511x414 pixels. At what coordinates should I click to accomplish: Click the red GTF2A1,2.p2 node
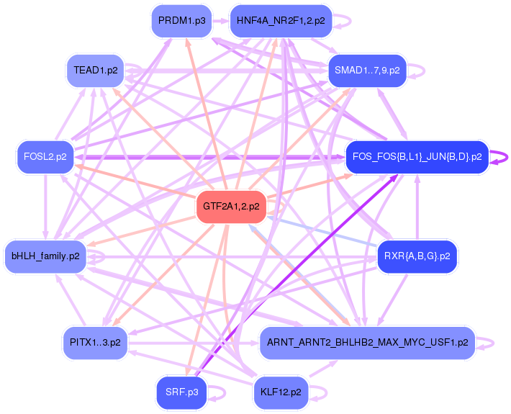pos(231,207)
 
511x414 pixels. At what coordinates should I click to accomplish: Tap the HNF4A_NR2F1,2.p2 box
pos(281,21)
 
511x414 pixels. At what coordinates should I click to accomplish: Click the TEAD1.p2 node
pos(96,71)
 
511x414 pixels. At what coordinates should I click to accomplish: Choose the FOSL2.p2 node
pos(45,156)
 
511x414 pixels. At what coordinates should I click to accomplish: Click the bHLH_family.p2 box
pos(45,256)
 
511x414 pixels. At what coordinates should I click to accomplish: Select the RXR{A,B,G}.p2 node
pos(417,256)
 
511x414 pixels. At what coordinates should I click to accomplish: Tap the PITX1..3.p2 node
pos(95,342)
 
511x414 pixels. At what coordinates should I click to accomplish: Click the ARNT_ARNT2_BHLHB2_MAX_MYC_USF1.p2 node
pos(367,342)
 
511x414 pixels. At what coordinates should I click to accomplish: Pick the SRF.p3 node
pos(181,392)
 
